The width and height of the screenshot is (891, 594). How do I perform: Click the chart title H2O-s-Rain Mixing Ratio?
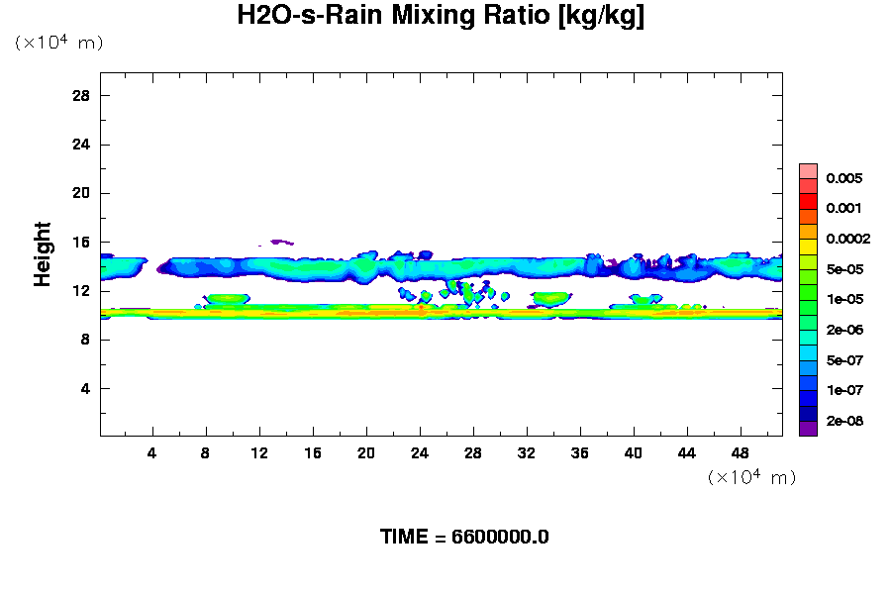[x=441, y=18]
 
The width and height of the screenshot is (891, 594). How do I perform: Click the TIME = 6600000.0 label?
[x=464, y=538]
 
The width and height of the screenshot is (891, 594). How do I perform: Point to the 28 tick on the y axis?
[x=82, y=96]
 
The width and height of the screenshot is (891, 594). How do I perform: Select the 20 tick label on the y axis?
[x=82, y=193]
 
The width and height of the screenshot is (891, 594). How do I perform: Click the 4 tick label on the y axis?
[x=86, y=388]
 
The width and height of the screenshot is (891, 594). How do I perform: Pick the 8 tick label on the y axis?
[x=86, y=340]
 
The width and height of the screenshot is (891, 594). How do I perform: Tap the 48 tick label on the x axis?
[x=742, y=452]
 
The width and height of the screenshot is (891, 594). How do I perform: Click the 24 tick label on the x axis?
[x=420, y=452]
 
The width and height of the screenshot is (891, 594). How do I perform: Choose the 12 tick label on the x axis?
[x=259, y=452]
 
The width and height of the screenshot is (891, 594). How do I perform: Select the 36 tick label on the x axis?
[x=580, y=452]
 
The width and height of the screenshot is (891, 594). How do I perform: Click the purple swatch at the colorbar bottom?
[x=808, y=429]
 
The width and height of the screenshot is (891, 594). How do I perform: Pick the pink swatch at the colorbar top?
[x=808, y=170]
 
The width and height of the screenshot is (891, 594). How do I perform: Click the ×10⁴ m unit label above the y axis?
[x=58, y=43]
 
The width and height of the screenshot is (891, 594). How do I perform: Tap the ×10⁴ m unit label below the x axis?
[x=751, y=477]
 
